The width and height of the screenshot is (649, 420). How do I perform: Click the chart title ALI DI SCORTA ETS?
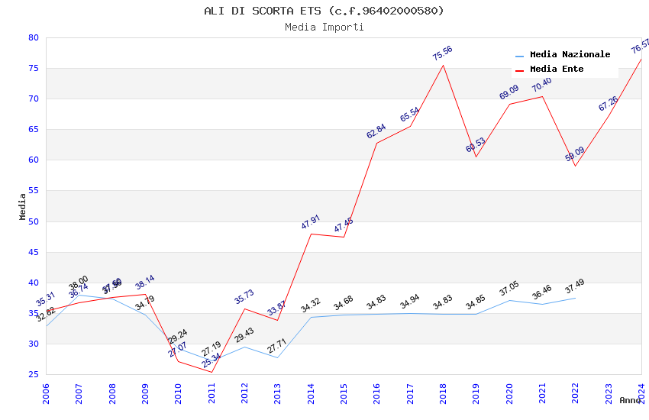pos(324,11)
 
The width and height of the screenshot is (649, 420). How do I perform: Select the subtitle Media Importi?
pos(324,27)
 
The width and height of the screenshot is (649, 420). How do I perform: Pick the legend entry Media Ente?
pos(557,69)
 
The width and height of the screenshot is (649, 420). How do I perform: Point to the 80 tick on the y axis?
pos(33,37)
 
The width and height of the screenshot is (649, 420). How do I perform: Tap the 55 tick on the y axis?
pos(33,191)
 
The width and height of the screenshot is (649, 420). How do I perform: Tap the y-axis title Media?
pos(23,206)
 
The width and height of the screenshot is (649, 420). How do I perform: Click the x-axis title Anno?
pos(630,400)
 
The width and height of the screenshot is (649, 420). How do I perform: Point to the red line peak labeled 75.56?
pos(443,65)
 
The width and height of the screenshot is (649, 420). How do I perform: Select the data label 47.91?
pos(311,222)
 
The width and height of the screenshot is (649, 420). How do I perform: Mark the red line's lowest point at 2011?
pos(211,372)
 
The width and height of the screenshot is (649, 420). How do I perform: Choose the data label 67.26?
pos(609,104)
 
